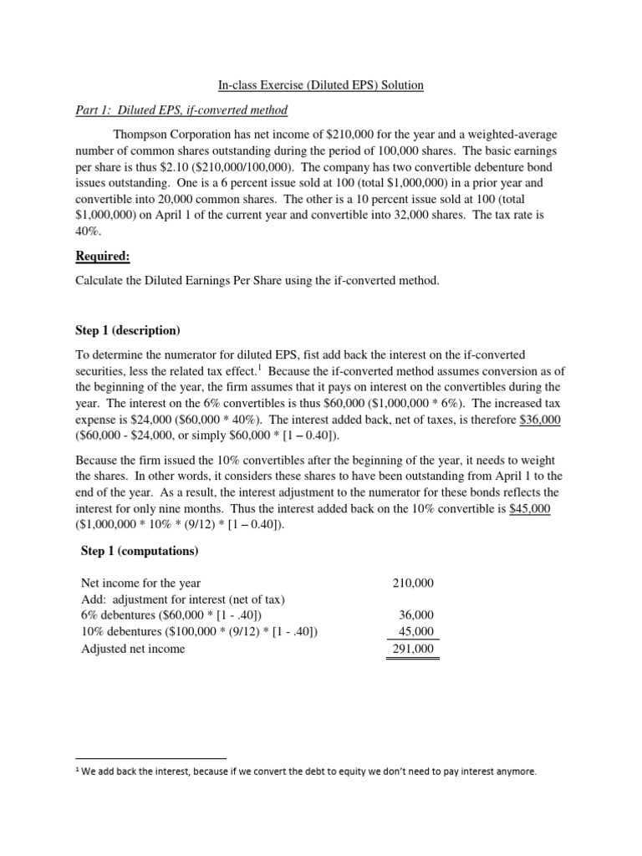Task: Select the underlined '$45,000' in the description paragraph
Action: [x=530, y=510]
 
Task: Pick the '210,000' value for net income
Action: [x=413, y=583]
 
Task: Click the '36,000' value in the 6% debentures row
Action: [x=416, y=615]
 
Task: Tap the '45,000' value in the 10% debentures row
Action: [x=416, y=632]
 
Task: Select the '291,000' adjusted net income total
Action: [x=413, y=649]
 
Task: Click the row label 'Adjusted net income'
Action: [x=133, y=649]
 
